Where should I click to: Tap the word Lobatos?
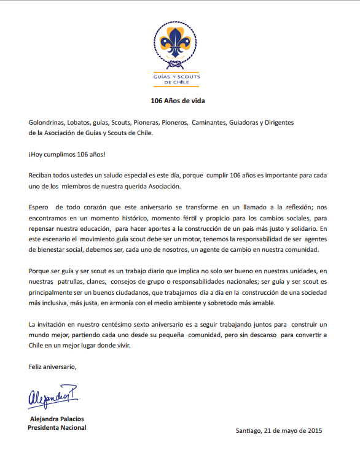85,122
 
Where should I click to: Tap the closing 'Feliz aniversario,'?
53,367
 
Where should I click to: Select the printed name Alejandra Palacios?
58,419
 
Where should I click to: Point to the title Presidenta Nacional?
57,427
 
